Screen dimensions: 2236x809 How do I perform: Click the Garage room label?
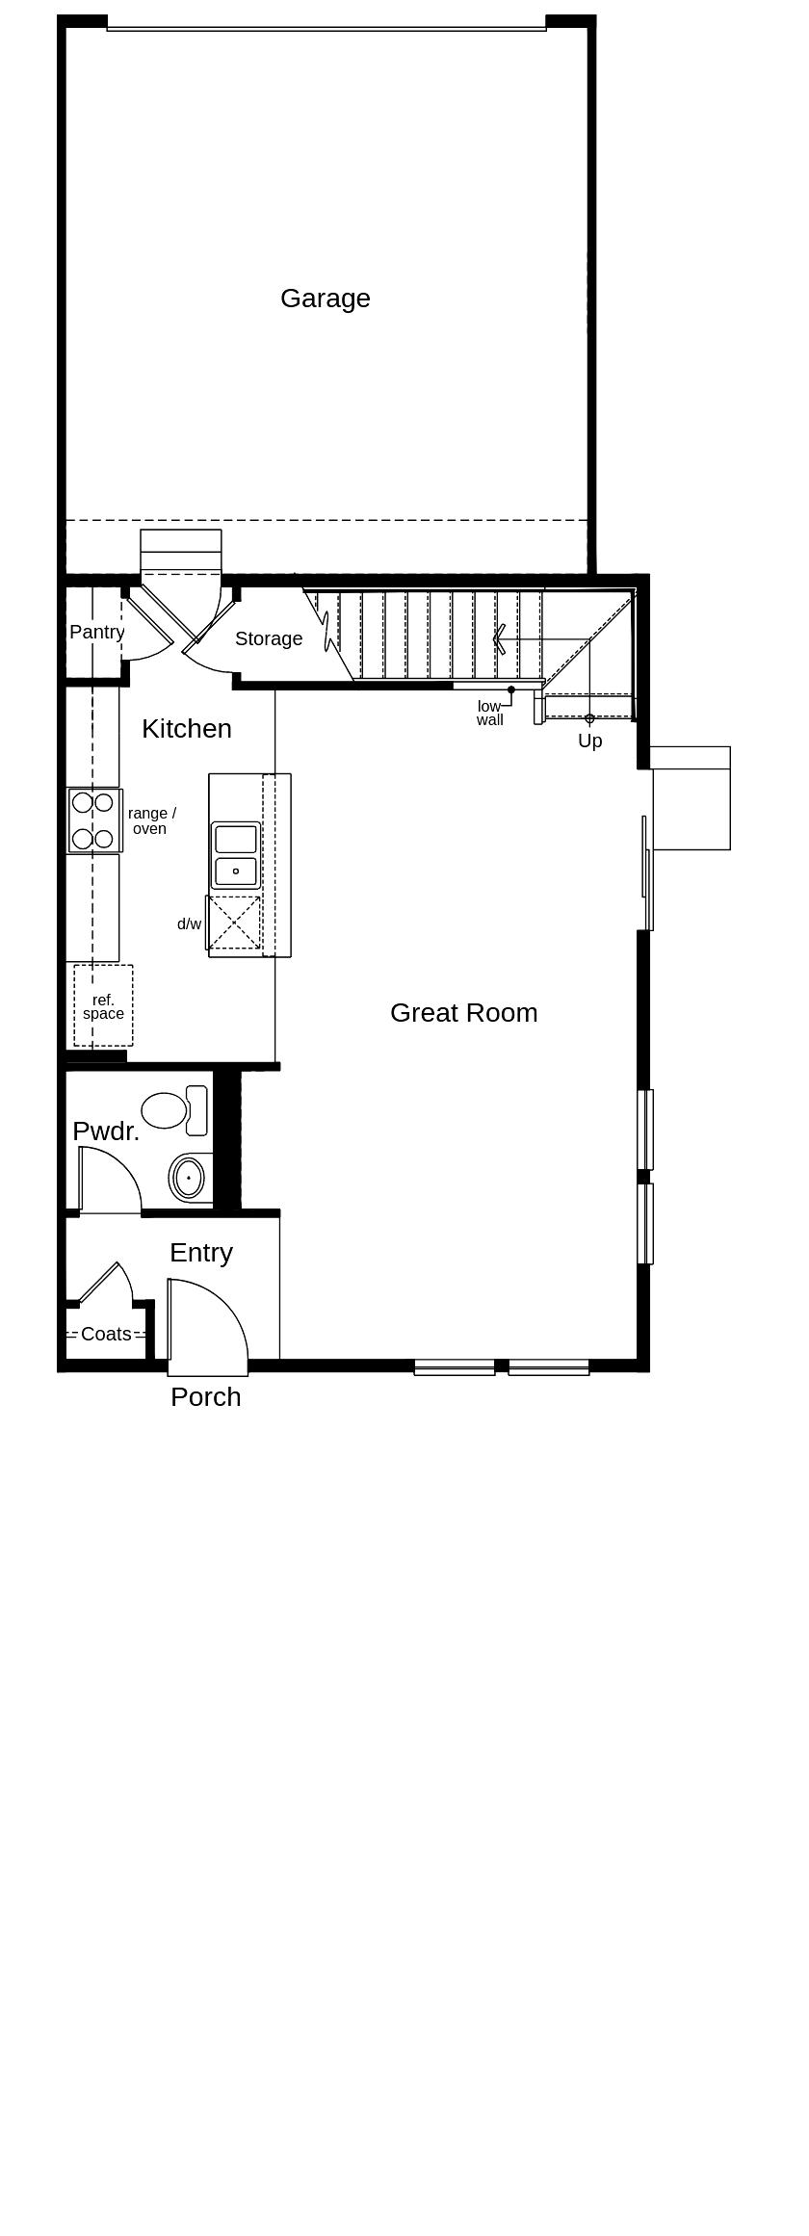(325, 299)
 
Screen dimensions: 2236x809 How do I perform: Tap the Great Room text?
(463, 1013)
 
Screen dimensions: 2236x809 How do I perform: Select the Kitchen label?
(187, 729)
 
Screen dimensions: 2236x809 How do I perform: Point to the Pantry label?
(96, 633)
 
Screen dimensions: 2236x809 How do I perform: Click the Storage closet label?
(269, 639)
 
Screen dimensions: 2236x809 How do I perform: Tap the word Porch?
(205, 1397)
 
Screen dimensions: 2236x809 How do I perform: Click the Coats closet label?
(106, 1335)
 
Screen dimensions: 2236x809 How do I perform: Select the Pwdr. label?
(106, 1131)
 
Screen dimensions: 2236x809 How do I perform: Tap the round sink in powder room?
(190, 1177)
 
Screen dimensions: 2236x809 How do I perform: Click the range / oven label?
(151, 821)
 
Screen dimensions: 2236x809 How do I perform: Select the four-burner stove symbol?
(93, 820)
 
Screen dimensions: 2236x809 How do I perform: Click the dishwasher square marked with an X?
(235, 923)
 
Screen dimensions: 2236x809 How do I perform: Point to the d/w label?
(189, 924)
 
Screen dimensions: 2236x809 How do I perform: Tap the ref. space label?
(103, 1007)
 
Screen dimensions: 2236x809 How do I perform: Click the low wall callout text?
(489, 714)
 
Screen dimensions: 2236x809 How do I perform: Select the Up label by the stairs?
(589, 741)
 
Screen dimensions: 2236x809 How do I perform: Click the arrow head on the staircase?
(498, 639)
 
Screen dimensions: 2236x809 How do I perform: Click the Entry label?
(201, 1253)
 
